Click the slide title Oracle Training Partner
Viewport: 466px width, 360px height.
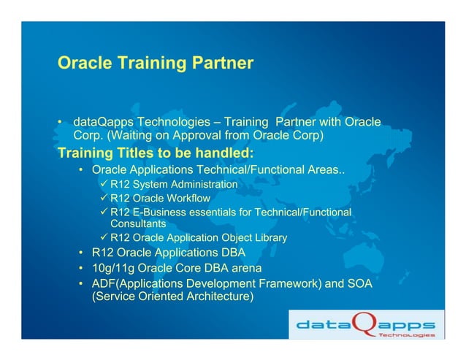tap(155, 64)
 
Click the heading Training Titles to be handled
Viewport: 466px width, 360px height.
tap(155, 153)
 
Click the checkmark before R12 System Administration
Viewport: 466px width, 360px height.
tap(104, 184)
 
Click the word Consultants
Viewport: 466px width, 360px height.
tap(138, 224)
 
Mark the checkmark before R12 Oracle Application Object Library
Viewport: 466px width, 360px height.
tap(104, 237)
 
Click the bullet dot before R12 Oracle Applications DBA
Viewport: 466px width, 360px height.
tap(83, 253)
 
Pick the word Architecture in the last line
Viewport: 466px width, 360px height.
tap(213, 297)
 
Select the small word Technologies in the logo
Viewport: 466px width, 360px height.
tap(405, 335)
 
